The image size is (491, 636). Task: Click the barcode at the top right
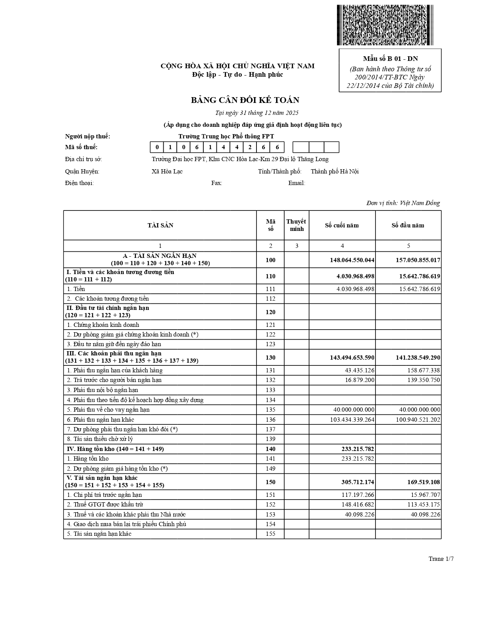(385, 25)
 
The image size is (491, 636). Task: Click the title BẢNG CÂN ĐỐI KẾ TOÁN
(245, 100)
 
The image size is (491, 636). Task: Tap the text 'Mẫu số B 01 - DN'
(390, 59)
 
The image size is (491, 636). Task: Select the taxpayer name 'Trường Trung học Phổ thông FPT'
(226, 136)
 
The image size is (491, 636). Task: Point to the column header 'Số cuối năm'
(342, 225)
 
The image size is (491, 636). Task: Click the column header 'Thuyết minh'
(296, 225)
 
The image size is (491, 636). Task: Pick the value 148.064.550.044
(352, 260)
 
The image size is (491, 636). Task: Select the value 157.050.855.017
(418, 260)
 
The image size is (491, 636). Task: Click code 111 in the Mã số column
(270, 289)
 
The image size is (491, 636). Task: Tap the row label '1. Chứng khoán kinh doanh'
(103, 325)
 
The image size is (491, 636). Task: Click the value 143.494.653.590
(352, 358)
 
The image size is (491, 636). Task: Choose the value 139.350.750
(422, 380)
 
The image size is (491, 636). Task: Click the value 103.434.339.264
(352, 420)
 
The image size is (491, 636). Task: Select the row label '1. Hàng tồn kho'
(88, 459)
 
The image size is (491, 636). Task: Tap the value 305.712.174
(358, 482)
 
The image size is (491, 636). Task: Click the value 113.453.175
(422, 505)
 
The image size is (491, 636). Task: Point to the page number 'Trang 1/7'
(441, 559)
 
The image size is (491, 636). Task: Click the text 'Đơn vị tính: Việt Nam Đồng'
(403, 203)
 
